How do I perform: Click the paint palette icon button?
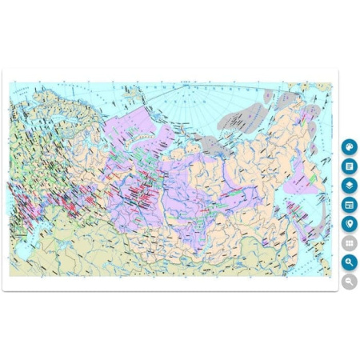pyautogui.click(x=350, y=147)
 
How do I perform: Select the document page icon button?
pyautogui.click(x=350, y=166)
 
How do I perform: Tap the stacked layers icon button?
pyautogui.click(x=350, y=186)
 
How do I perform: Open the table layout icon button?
pyautogui.click(x=350, y=205)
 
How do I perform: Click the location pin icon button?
pyautogui.click(x=350, y=224)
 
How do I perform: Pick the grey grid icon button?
pyautogui.click(x=350, y=243)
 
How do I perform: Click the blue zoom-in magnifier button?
pyautogui.click(x=350, y=262)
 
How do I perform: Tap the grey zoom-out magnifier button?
pyautogui.click(x=350, y=282)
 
